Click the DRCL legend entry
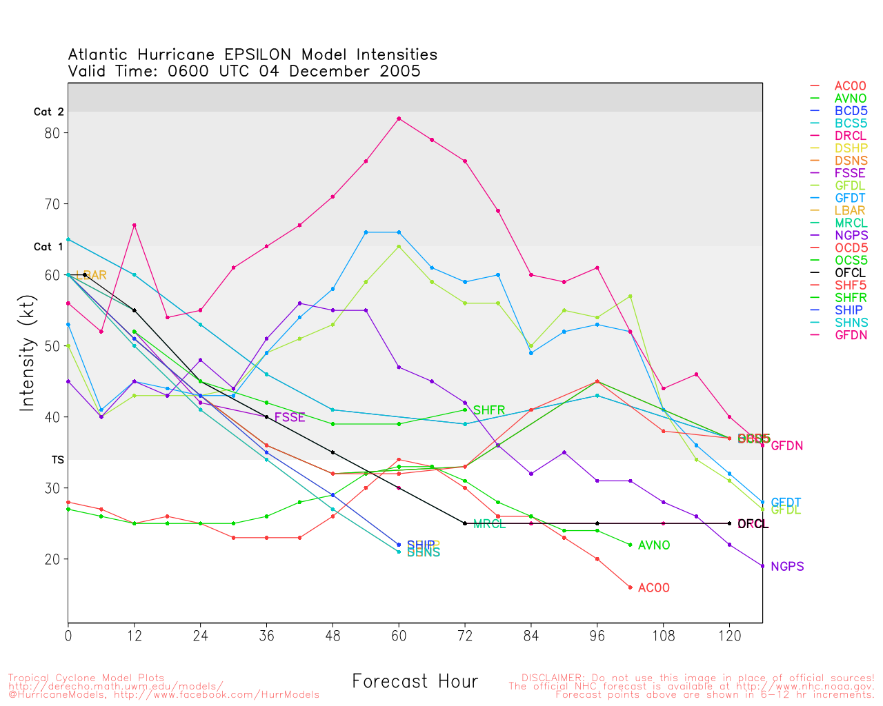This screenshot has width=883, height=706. (850, 136)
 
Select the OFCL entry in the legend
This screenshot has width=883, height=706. (850, 273)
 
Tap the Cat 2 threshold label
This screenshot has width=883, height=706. (48, 112)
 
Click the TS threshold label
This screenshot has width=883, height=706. (58, 459)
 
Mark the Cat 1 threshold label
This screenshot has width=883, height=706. (48, 247)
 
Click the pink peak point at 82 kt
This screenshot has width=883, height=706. (399, 119)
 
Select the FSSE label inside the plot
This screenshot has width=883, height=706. (290, 417)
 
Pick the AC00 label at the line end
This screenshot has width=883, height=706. (653, 588)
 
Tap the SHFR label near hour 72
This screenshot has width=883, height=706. (489, 410)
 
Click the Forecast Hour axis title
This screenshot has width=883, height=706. (415, 682)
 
